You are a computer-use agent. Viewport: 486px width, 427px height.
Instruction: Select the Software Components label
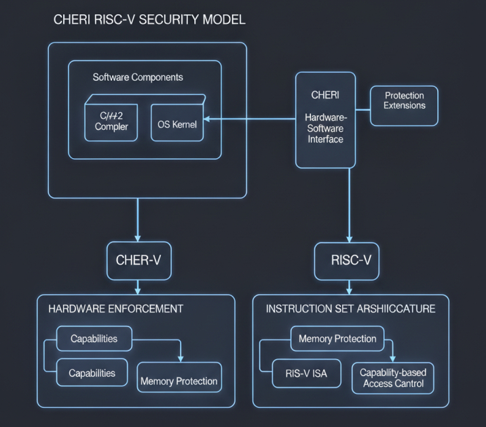[x=138, y=77]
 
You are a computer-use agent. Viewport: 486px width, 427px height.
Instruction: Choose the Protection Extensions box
[x=405, y=100]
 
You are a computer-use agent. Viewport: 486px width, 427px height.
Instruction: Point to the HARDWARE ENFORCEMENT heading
[x=115, y=309]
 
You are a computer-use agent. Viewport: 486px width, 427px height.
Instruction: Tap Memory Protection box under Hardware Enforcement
[x=179, y=381]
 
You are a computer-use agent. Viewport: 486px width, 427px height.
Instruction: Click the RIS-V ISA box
[x=307, y=372]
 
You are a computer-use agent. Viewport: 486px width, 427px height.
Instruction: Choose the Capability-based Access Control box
[x=392, y=377]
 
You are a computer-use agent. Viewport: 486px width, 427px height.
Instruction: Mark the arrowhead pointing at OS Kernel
[x=207, y=120]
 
